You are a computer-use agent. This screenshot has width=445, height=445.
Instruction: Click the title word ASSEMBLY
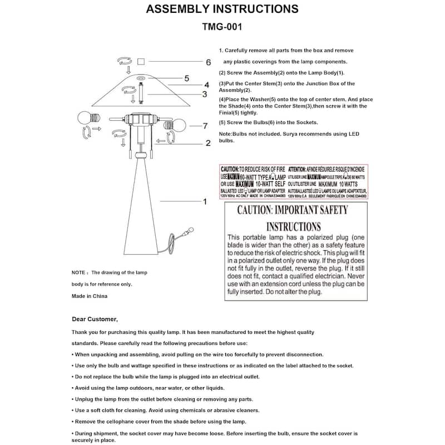177,9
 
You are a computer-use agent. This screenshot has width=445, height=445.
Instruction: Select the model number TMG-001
221,26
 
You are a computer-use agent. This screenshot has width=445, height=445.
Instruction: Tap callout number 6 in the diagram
209,62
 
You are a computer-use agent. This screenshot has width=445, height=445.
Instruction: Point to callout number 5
187,78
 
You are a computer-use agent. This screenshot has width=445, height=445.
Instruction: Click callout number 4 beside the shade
206,85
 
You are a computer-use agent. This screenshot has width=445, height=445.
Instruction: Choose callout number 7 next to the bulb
205,126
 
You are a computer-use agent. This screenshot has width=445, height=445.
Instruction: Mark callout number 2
207,143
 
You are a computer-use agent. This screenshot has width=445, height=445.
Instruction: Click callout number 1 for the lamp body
205,201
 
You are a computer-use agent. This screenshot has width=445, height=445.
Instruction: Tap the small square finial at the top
141,61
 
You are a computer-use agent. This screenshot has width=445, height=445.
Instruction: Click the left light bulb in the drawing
85,118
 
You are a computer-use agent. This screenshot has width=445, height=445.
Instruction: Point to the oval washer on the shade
141,78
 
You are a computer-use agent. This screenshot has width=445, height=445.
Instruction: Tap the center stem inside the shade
141,91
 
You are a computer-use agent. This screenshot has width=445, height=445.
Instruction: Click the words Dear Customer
95,319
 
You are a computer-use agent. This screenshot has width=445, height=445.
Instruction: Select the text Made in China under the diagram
90,296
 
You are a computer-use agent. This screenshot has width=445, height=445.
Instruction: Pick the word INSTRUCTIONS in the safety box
293,226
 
